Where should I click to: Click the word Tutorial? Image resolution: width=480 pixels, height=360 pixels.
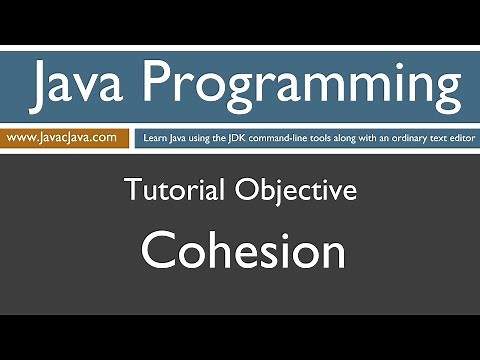(x=176, y=189)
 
